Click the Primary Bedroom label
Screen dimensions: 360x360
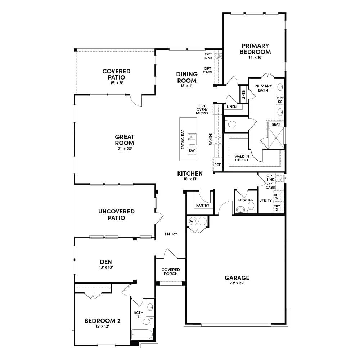255,49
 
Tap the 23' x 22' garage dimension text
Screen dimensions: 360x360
237,283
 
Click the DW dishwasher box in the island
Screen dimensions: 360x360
192,150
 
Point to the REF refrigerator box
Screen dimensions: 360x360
217,165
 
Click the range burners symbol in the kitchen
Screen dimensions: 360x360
217,139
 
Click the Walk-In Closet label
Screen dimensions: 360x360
242,158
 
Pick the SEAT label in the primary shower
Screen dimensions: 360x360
276,125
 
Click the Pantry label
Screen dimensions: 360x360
203,205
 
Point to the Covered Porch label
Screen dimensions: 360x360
171,271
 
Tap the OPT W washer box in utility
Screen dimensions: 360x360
276,197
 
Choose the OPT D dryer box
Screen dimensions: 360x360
276,208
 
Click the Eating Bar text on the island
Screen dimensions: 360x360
183,139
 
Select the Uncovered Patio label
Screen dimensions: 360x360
116,215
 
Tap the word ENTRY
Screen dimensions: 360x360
171,234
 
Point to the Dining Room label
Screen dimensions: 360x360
186,77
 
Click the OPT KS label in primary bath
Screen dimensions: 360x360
280,100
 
